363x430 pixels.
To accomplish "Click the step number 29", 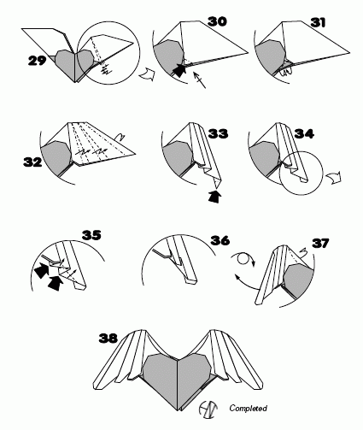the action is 37,61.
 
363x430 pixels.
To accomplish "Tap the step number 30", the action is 217,21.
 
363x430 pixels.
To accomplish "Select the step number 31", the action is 318,22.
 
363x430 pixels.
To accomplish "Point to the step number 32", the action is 32,162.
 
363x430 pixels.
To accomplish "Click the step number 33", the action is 218,133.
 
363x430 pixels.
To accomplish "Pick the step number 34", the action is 304,133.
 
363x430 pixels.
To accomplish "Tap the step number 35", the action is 91,235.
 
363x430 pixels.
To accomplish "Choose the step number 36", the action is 220,240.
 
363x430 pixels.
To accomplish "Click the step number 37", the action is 321,243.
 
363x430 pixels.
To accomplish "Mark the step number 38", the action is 108,339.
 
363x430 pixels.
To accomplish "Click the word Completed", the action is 248,408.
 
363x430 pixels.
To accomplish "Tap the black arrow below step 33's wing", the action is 214,197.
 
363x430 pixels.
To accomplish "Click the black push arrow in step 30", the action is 179,70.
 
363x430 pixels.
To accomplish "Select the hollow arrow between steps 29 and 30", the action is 148,74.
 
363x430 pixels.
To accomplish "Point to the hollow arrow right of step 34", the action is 334,178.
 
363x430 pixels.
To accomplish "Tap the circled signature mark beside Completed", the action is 208,409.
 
